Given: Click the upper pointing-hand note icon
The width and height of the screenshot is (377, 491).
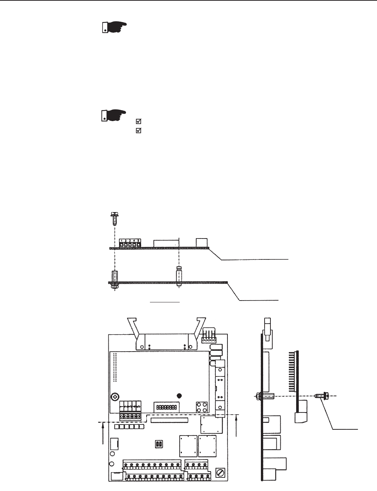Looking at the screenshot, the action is click(x=113, y=28).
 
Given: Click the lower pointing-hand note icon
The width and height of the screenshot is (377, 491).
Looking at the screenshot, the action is click(x=113, y=115).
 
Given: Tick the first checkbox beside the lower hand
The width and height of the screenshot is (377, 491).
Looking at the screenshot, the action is click(x=139, y=121).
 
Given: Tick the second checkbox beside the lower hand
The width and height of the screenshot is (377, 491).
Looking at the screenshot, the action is click(x=139, y=130).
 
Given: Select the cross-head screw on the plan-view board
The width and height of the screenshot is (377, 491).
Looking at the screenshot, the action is click(x=115, y=397).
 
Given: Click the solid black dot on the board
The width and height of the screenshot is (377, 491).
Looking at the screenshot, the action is click(x=179, y=396).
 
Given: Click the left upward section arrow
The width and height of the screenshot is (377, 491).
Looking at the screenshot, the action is click(x=103, y=433).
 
